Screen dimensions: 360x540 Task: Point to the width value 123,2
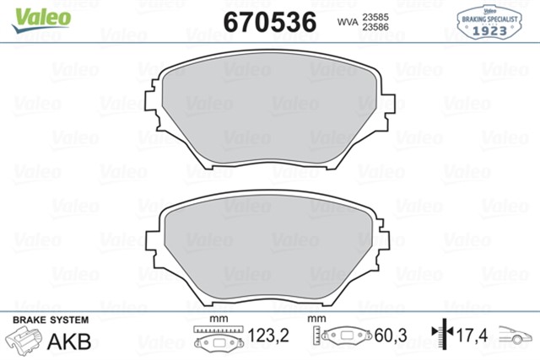[x=268, y=336]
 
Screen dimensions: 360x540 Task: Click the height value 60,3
[x=390, y=336]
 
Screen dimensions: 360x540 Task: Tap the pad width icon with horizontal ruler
[x=219, y=337]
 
